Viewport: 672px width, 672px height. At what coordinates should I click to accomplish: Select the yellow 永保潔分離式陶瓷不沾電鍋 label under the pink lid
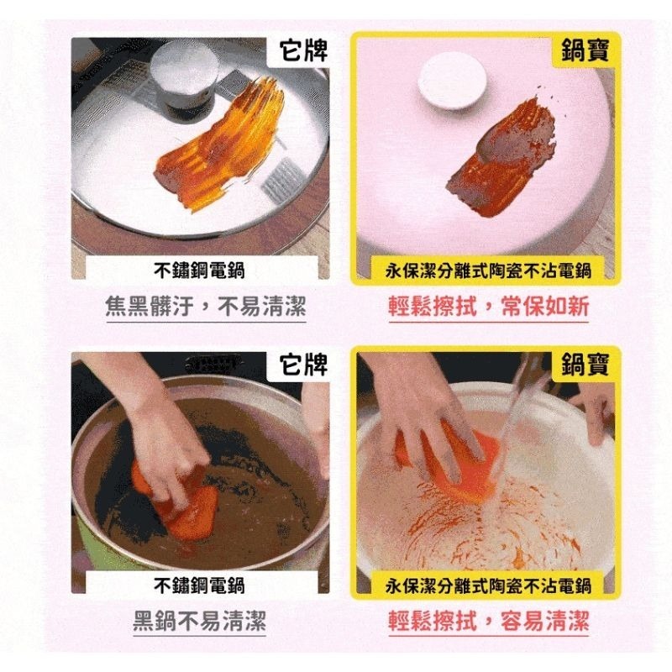tap(488, 270)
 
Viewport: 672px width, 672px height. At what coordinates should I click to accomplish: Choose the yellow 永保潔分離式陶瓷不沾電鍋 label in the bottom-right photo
tap(488, 585)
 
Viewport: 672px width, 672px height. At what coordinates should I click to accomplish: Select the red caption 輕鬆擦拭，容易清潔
tap(488, 622)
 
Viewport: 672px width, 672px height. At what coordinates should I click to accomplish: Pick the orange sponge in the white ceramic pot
tap(458, 466)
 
